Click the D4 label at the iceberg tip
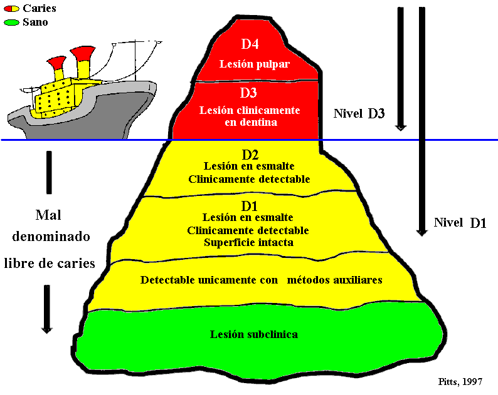click(x=250, y=44)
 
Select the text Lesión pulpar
click(x=255, y=64)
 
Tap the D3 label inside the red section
click(x=248, y=93)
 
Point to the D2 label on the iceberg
click(x=250, y=155)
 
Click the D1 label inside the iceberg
click(x=250, y=207)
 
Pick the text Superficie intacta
click(x=248, y=242)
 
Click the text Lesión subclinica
click(x=254, y=334)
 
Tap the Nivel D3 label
click(x=359, y=113)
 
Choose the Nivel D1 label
click(x=460, y=223)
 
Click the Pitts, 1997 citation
click(x=460, y=381)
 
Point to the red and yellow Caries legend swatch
click(x=11, y=9)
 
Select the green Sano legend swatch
click(x=11, y=23)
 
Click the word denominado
click(x=51, y=237)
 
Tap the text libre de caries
click(x=50, y=264)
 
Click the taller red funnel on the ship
click(x=83, y=53)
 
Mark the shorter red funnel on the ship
click(x=57, y=63)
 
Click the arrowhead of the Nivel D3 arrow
click(x=401, y=128)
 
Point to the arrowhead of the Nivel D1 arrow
click(x=421, y=232)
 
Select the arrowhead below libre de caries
click(x=46, y=330)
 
